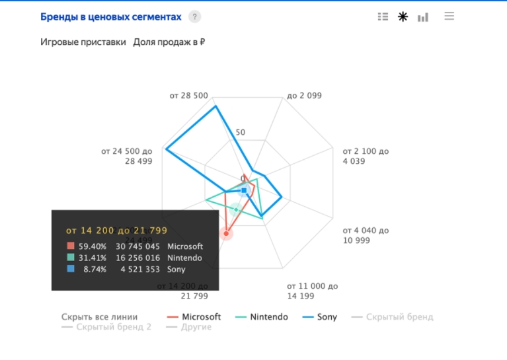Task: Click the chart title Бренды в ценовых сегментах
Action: click(x=110, y=17)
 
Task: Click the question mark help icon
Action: click(x=194, y=17)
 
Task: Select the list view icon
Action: click(x=383, y=17)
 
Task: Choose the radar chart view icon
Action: click(x=403, y=17)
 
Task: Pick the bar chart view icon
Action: click(x=423, y=17)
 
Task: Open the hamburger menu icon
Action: click(x=449, y=17)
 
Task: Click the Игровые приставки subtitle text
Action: click(x=83, y=42)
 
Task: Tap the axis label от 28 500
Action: click(x=189, y=96)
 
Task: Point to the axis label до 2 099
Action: click(x=304, y=96)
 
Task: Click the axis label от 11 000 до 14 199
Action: click(x=312, y=291)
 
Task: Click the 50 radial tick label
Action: click(x=240, y=132)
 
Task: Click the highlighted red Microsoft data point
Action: click(x=226, y=233)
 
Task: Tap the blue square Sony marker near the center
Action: click(x=244, y=190)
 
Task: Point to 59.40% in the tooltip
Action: click(x=92, y=246)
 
